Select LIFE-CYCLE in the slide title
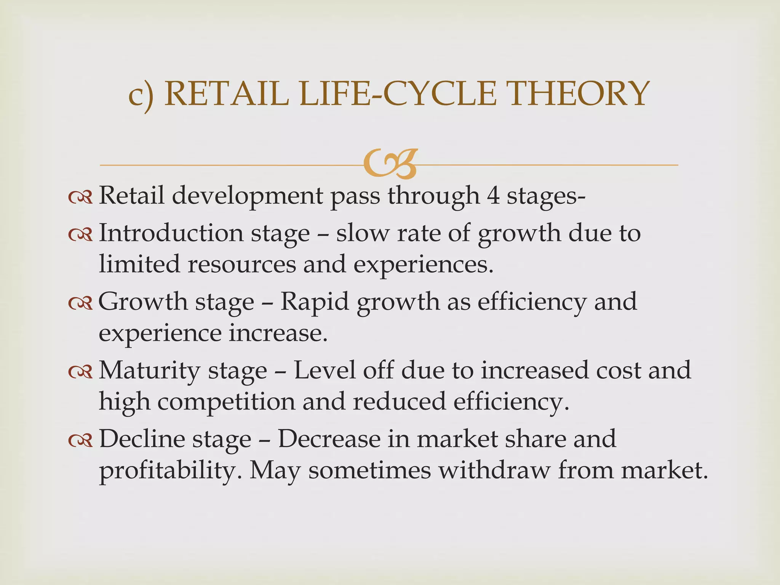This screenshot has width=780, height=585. point(398,94)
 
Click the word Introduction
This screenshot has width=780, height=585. point(171,233)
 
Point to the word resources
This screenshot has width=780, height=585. point(241,264)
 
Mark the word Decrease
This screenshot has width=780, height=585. point(329,439)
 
